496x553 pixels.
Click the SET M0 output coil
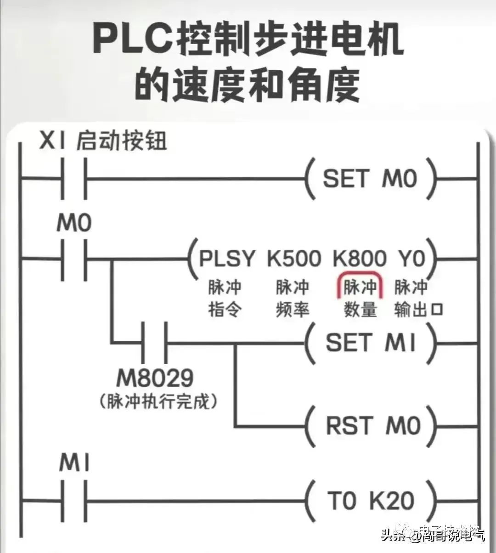tap(370, 179)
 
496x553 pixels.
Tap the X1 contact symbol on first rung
tap(73, 179)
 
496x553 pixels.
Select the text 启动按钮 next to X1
tap(121, 141)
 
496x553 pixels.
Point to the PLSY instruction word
tap(226, 259)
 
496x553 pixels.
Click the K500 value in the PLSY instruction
tap(294, 259)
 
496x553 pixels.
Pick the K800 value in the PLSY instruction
tap(360, 259)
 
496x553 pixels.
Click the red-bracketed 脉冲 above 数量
tap(360, 288)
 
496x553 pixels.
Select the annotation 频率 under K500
tap(293, 310)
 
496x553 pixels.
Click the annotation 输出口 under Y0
tap(418, 310)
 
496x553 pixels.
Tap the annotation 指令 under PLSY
tap(225, 310)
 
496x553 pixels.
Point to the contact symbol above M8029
tap(154, 343)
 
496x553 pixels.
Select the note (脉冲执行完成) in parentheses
tap(158, 401)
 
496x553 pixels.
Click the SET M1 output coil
tap(370, 343)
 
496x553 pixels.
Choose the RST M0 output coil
tap(372, 426)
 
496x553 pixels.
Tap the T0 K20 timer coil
tap(370, 500)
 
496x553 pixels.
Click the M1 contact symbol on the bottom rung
tap(73, 500)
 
